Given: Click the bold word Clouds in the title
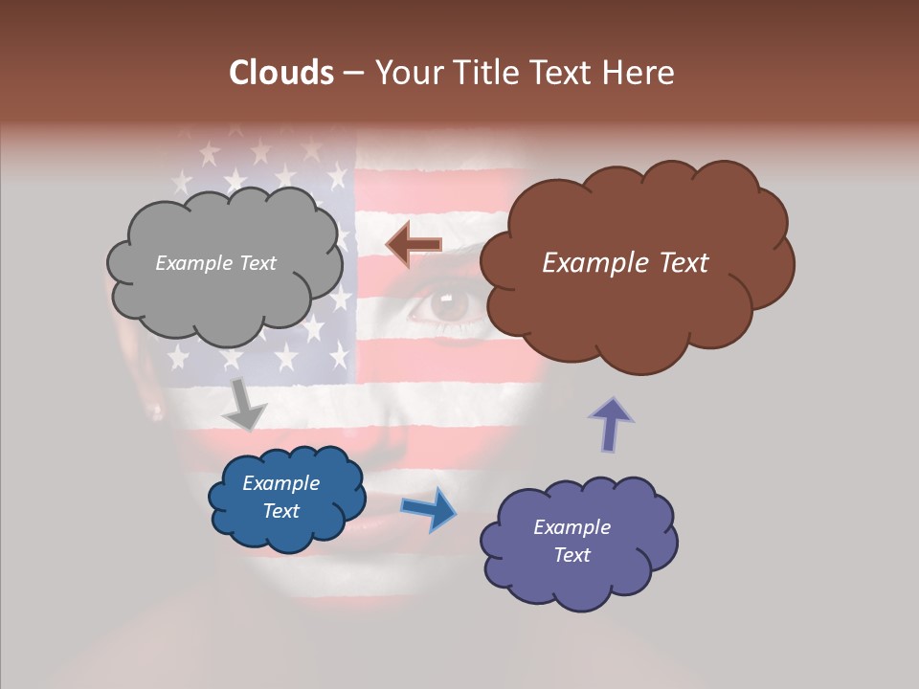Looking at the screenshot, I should coord(281,73).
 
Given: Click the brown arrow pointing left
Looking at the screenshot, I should coord(414,245).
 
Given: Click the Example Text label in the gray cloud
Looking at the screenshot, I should coord(215,263).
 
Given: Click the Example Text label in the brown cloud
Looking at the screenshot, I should coord(625,263).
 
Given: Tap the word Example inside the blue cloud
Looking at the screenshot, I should coord(280,483).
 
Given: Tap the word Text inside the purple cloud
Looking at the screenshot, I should coord(572,555).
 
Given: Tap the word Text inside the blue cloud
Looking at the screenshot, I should coord(280,511).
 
